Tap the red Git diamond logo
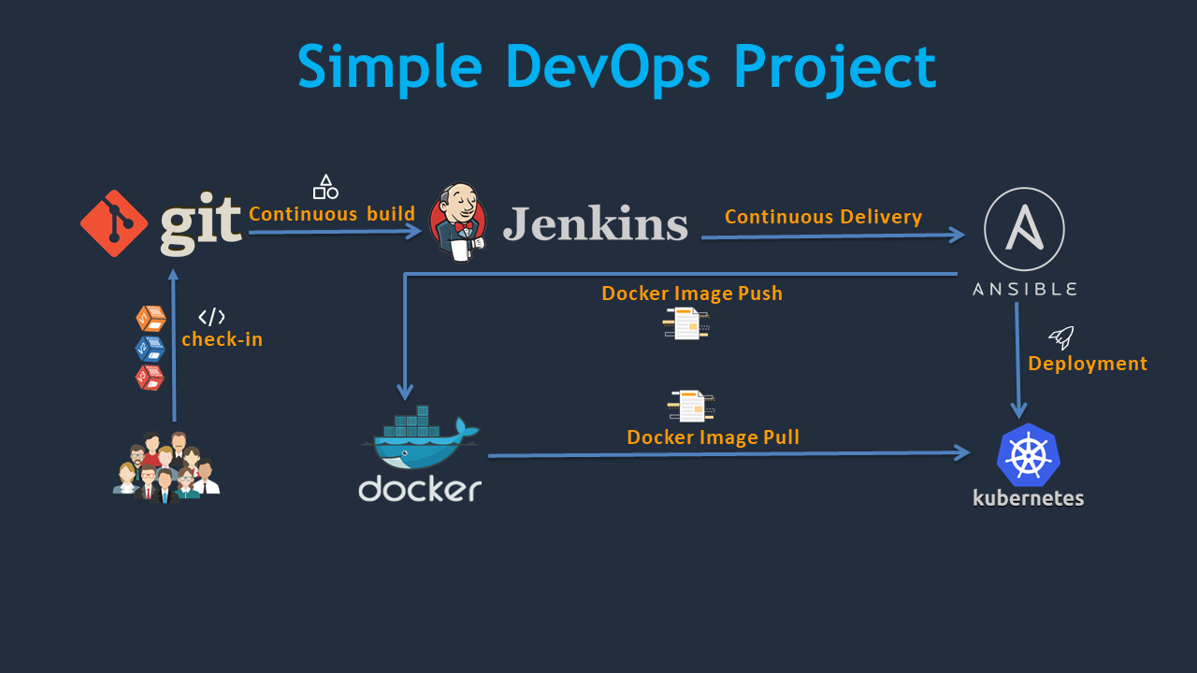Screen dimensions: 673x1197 pyautogui.click(x=114, y=223)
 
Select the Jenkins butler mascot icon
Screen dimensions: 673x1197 pyautogui.click(x=458, y=222)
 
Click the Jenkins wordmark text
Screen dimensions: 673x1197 pyautogui.click(x=596, y=224)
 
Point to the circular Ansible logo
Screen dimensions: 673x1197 pyautogui.click(x=1024, y=229)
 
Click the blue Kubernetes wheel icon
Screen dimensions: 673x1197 pyautogui.click(x=1028, y=455)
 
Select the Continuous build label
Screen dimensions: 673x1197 pyautogui.click(x=332, y=214)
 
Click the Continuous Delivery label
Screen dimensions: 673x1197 pyautogui.click(x=823, y=217)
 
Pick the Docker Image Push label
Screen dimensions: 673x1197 pyautogui.click(x=692, y=294)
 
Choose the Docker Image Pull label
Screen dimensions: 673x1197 pyautogui.click(x=713, y=437)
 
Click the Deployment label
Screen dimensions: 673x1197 pyautogui.click(x=1088, y=364)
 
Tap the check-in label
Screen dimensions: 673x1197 pyautogui.click(x=222, y=339)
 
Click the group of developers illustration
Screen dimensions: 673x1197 pyautogui.click(x=166, y=466)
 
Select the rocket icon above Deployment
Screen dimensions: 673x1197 pyautogui.click(x=1061, y=337)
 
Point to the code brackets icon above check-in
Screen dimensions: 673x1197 pyautogui.click(x=212, y=317)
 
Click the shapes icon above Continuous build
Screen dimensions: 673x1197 pyautogui.click(x=325, y=187)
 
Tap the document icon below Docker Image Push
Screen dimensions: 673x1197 pyautogui.click(x=686, y=323)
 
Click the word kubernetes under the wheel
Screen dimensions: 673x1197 pyautogui.click(x=1028, y=498)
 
